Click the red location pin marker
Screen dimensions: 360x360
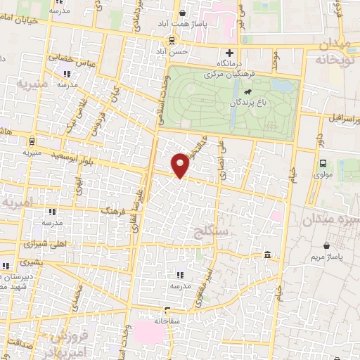click(181, 165)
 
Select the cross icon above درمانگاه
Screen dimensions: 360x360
click(229, 53)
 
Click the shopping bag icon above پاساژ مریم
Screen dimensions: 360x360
click(327, 246)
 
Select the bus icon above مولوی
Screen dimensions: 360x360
click(323, 163)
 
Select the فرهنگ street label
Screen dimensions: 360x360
click(113, 210)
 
